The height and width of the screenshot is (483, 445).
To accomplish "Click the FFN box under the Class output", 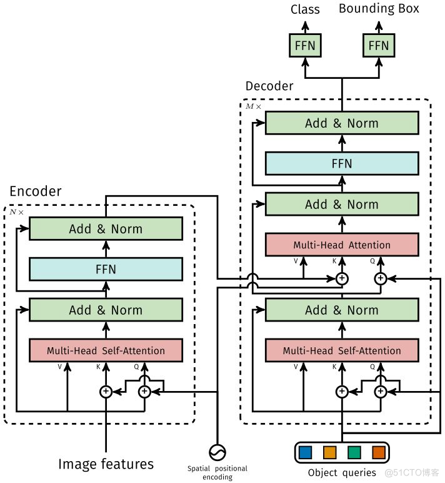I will [x=304, y=45].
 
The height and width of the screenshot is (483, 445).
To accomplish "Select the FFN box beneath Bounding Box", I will [x=379, y=45].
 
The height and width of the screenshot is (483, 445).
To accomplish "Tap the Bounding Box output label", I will [x=379, y=9].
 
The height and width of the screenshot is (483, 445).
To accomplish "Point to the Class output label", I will [x=305, y=9].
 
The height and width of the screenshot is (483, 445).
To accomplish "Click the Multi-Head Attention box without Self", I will [x=342, y=245].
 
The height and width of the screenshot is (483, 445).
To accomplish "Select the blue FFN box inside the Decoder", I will [x=342, y=164].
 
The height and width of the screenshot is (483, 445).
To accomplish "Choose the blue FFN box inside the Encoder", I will [x=106, y=270].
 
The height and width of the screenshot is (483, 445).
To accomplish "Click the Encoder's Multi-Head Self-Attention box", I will [x=106, y=350].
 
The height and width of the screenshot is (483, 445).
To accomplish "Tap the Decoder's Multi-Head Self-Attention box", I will [x=342, y=350].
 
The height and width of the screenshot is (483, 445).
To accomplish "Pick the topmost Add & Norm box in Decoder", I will [x=342, y=123].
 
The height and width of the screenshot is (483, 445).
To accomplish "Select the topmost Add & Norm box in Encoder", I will [x=106, y=229].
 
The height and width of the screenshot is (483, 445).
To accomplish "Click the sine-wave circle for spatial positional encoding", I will [x=217, y=452].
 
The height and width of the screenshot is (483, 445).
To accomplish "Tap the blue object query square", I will [x=305, y=452].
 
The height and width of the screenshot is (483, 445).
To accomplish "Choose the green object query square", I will [x=354, y=452].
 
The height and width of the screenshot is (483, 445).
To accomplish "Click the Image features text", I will [x=106, y=464].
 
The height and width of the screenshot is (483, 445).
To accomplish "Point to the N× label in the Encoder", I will [x=16, y=212].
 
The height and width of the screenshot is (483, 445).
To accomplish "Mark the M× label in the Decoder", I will [x=253, y=107].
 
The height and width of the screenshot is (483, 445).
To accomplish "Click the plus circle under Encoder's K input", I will [x=106, y=392].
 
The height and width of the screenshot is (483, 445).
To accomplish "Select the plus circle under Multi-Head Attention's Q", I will [x=380, y=278].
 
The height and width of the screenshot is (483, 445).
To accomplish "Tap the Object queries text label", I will [x=342, y=472].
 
